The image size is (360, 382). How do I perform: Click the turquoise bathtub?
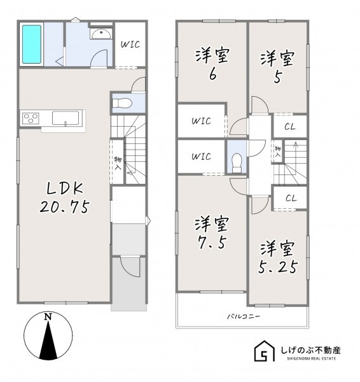click(32, 45)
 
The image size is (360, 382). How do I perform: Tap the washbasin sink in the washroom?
click(101, 33)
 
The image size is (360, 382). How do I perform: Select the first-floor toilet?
click(122, 103)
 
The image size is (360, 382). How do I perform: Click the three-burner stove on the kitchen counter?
click(31, 118)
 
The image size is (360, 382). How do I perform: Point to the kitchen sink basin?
click(66, 118)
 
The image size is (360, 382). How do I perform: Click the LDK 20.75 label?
click(65, 198)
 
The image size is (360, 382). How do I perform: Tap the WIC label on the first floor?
click(131, 45)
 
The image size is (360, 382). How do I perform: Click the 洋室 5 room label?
click(277, 66)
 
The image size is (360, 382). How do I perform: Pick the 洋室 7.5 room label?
click(212, 232)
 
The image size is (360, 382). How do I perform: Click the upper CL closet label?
click(290, 127)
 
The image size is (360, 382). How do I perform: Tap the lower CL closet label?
click(291, 198)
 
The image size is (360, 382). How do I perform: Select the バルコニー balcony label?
click(244, 316)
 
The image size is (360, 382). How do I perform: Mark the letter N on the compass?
click(48, 316)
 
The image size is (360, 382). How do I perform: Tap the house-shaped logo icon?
click(265, 351)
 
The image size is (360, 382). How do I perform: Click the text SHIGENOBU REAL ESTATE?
click(311, 358)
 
